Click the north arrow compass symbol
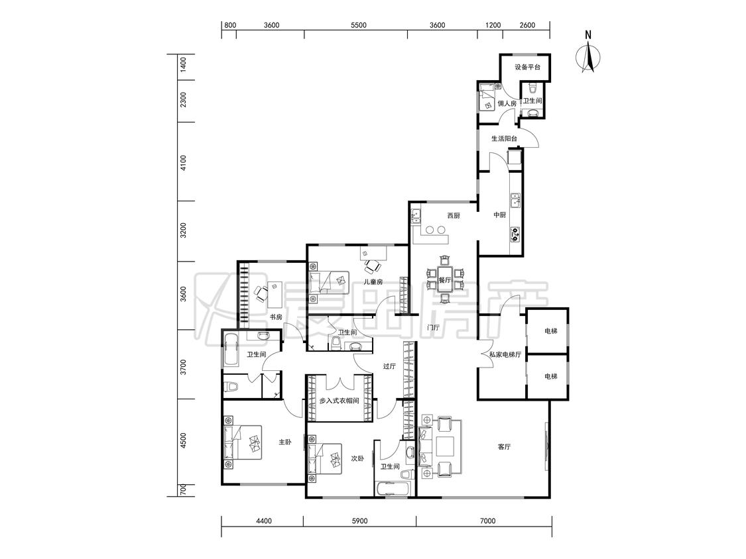589,57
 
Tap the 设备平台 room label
527,67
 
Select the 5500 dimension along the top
358,25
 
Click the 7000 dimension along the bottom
487,521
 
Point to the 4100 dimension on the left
183,162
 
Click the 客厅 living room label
504,447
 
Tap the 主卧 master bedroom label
284,442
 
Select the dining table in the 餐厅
444,279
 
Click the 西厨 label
454,216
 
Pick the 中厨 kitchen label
499,215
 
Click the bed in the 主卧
243,442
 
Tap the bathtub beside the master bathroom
231,350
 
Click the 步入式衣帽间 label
340,401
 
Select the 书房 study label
276,317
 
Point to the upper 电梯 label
550,331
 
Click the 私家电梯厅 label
505,354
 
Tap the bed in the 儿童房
329,283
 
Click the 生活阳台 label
504,139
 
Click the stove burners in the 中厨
515,233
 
